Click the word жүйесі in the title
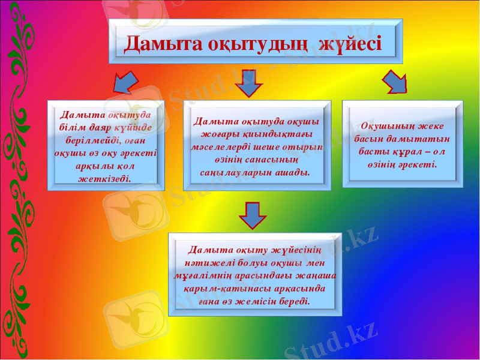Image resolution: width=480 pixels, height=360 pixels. coord(349,44)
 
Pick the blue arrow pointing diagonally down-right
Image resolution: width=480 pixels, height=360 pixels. coord(394,82)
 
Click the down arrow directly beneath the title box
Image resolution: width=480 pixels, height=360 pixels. coord(248,83)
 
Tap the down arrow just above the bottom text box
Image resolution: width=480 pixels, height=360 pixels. coord(253,215)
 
